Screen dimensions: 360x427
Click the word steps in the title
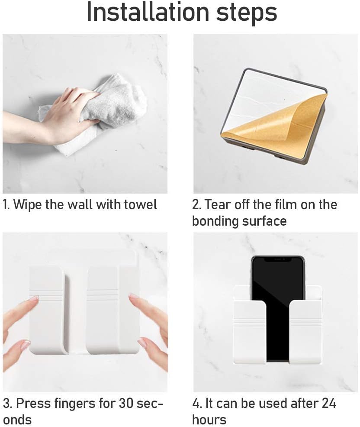tap(247, 13)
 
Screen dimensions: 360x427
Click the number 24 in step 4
tap(329, 403)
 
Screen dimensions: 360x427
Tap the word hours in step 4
tap(209, 419)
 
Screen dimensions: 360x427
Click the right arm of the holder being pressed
tap(103, 310)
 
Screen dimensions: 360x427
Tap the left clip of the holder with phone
tap(250, 332)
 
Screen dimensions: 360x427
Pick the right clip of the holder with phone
tap(305, 332)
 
